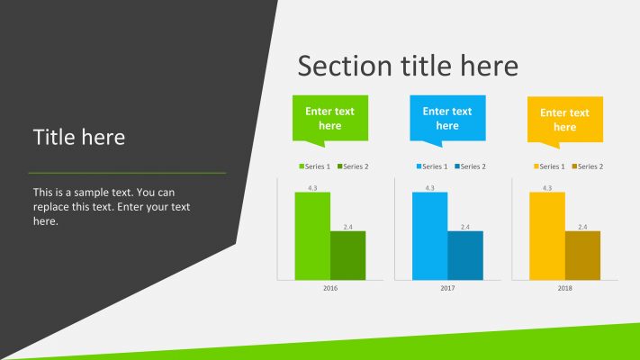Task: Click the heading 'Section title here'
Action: point(408,66)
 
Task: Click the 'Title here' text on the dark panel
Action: point(79,137)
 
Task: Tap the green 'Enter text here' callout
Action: point(330,118)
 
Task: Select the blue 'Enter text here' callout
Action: point(447,118)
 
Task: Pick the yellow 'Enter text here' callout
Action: point(565,120)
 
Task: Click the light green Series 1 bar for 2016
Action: point(312,236)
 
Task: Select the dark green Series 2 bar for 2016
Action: point(347,256)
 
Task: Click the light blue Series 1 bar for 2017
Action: point(429,236)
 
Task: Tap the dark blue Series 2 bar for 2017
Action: point(465,256)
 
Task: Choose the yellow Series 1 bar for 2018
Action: point(547,236)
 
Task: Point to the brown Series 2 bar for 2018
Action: point(582,256)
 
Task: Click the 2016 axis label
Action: point(330,288)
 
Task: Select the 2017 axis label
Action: point(447,288)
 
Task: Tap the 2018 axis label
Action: point(565,288)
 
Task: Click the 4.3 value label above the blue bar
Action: point(429,187)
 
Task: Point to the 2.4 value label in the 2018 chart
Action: point(582,227)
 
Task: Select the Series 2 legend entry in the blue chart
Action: point(471,166)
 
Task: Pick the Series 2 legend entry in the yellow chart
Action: point(588,166)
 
